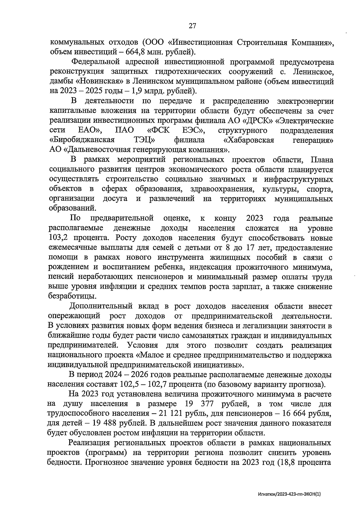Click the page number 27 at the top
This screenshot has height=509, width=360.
click(192, 26)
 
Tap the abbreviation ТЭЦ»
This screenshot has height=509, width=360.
click(144, 140)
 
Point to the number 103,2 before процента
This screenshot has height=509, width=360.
click(60, 238)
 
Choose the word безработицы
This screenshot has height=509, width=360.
click(73, 296)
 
